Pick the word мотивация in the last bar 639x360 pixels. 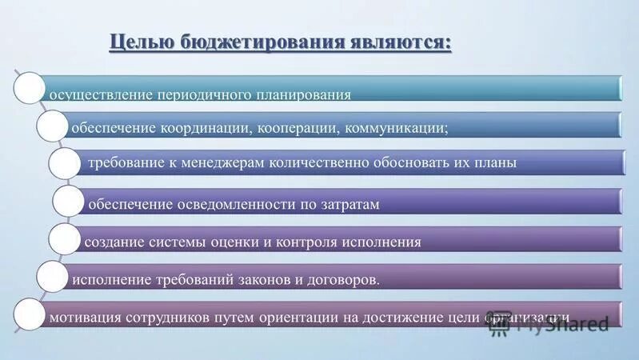(83, 316)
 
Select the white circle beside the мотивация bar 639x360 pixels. (30, 314)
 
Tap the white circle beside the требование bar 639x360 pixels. (64, 163)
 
